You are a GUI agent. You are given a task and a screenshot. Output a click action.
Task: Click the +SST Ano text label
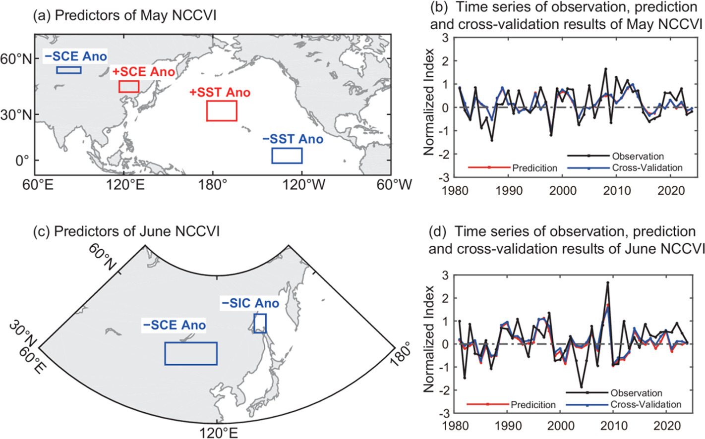click(x=220, y=93)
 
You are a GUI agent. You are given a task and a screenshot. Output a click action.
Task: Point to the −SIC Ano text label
click(x=250, y=303)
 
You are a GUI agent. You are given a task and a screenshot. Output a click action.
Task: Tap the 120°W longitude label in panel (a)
click(x=303, y=185)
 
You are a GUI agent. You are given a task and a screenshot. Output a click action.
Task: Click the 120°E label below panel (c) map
click(x=219, y=433)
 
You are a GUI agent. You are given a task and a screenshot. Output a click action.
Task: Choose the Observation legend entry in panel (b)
click(x=615, y=156)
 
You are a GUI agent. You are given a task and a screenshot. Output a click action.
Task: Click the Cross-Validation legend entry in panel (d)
click(x=623, y=404)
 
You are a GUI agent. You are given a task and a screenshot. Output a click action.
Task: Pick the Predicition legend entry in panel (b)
click(x=512, y=168)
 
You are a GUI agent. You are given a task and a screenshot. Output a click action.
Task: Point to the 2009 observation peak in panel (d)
click(x=608, y=282)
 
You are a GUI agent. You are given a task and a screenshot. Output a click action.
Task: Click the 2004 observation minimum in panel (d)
click(x=582, y=387)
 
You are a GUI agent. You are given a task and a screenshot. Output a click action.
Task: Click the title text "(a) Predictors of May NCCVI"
click(x=125, y=15)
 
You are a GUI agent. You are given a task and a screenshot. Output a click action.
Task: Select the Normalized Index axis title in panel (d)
click(x=429, y=339)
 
